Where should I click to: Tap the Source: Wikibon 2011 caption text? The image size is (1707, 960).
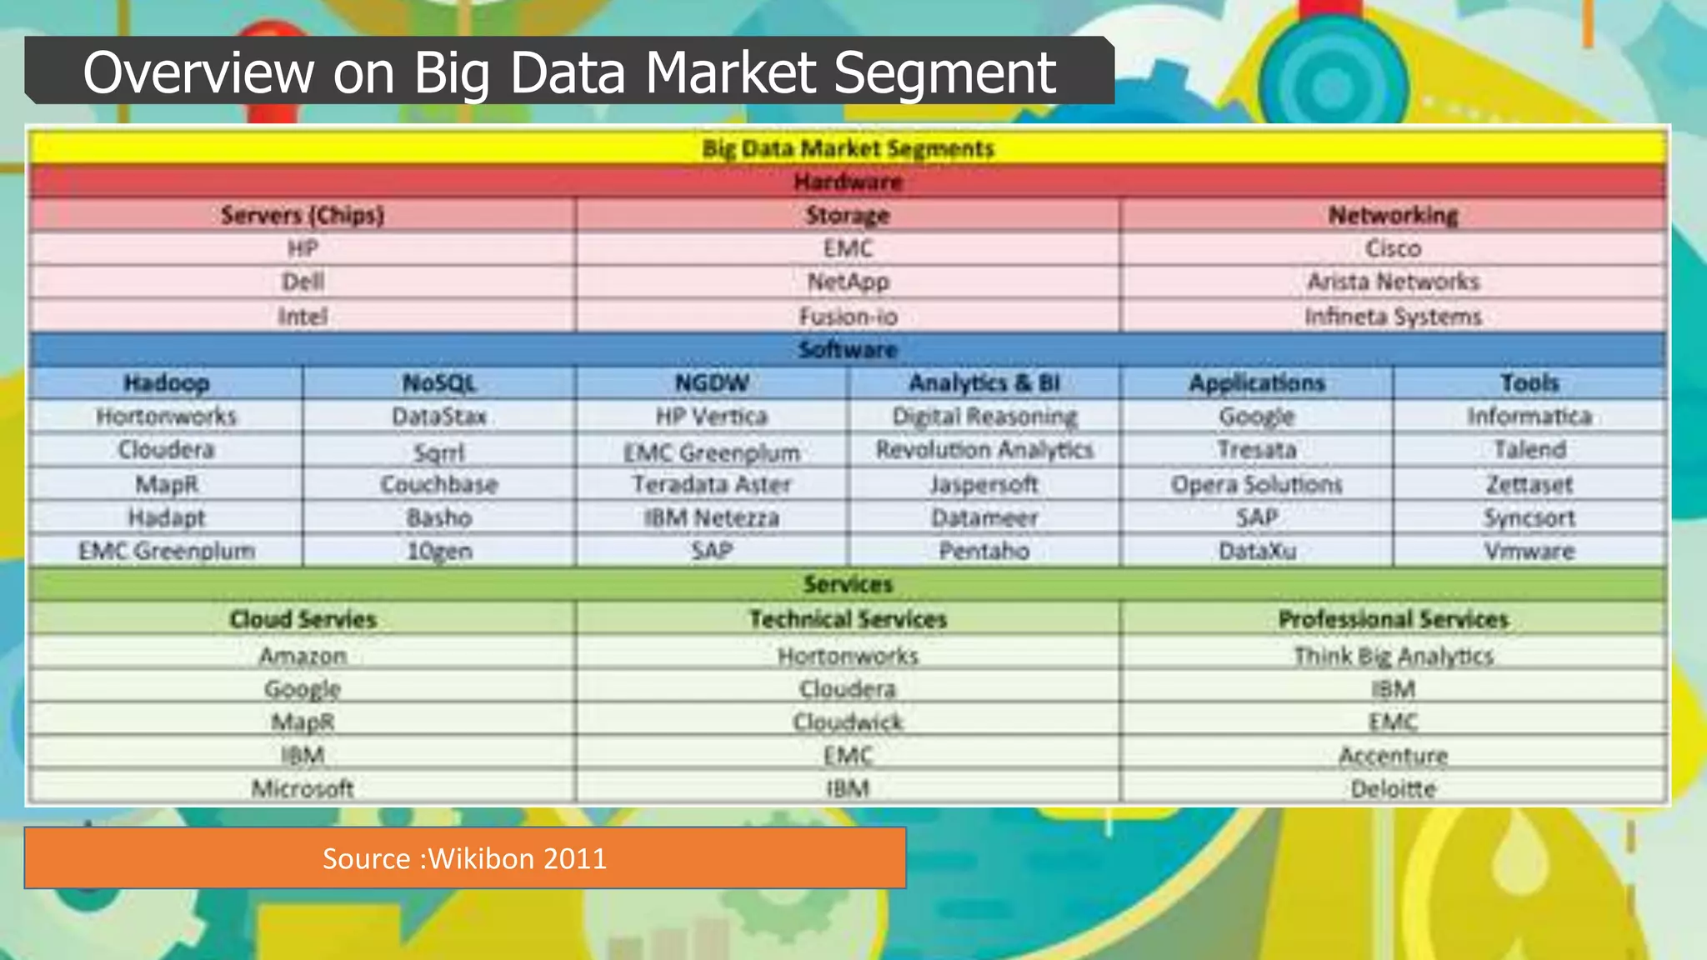click(x=464, y=858)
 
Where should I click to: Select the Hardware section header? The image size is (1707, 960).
click(x=848, y=182)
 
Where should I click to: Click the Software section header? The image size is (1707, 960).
click(x=848, y=349)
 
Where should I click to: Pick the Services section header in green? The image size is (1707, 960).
click(x=848, y=584)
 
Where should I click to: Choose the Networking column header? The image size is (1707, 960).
click(x=1393, y=215)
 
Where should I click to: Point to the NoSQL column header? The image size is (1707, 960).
click(x=438, y=383)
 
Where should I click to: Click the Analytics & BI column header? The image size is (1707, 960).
click(x=984, y=383)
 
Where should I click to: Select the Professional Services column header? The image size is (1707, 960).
click(x=1393, y=619)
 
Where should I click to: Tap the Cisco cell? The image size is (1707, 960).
click(x=1393, y=248)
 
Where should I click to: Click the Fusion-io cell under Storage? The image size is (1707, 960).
click(x=848, y=317)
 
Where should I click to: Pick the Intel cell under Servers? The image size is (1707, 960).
click(x=303, y=317)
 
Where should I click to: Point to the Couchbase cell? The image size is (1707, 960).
click(x=438, y=484)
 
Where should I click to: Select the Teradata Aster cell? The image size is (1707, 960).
click(x=711, y=484)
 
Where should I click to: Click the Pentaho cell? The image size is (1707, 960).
click(x=984, y=551)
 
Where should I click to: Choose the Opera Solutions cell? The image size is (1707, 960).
click(x=1256, y=484)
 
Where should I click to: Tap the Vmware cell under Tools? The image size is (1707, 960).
click(x=1529, y=551)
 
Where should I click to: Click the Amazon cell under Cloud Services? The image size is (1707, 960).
click(x=303, y=656)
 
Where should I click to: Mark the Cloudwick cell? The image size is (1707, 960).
click(x=848, y=722)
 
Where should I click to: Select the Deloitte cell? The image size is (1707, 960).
click(x=1393, y=788)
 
